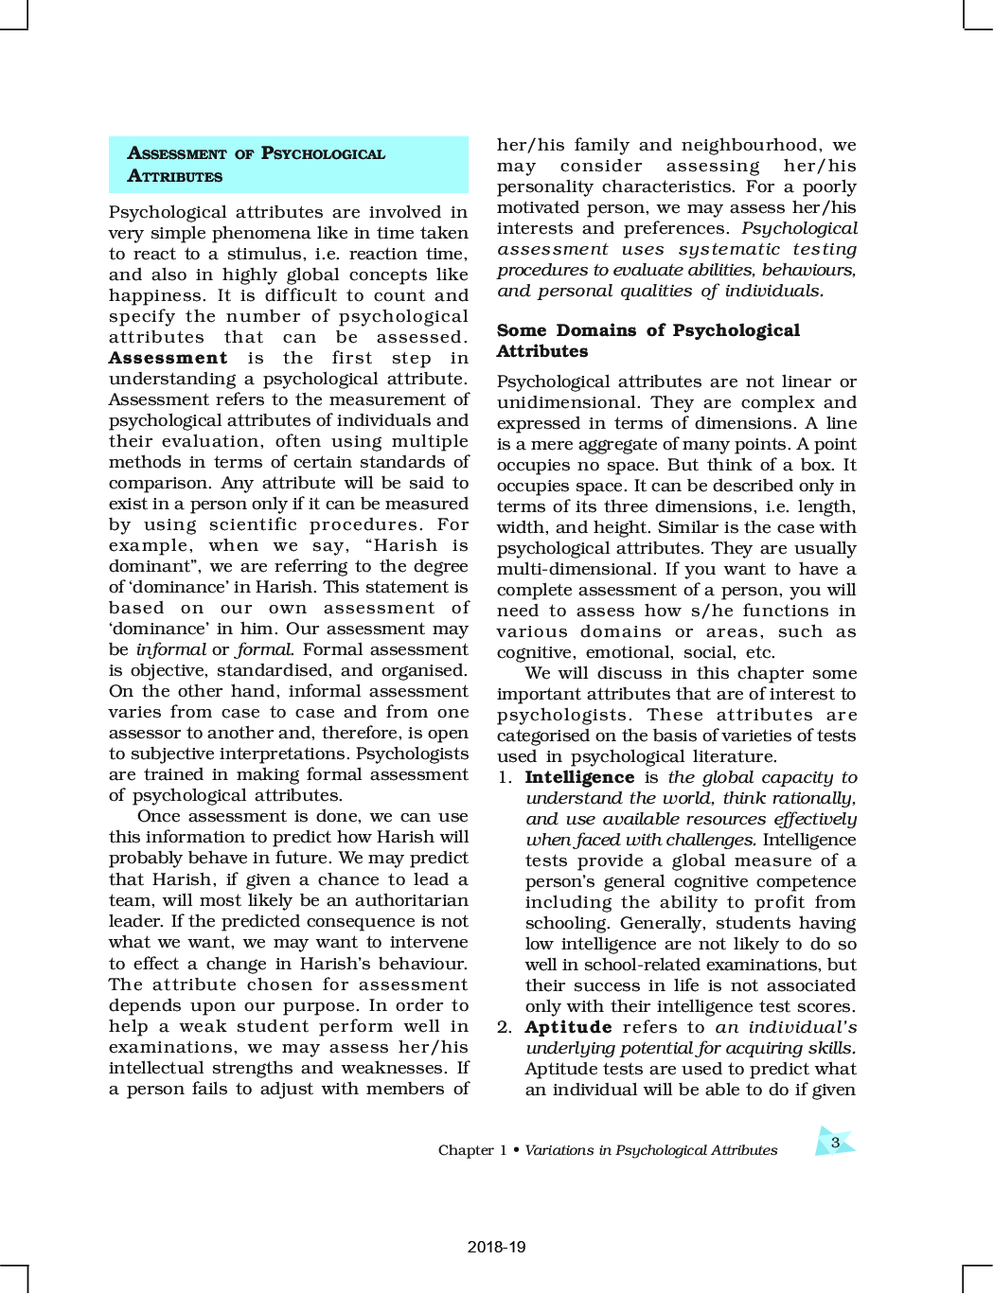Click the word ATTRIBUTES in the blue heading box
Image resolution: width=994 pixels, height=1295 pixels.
point(175,176)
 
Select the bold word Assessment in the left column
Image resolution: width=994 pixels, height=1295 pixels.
point(168,358)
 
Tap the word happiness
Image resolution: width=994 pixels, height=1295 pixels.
point(155,295)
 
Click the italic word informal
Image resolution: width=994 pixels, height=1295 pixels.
point(170,649)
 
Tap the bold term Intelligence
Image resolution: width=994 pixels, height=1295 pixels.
point(579,777)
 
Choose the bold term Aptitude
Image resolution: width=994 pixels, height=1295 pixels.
point(568,1027)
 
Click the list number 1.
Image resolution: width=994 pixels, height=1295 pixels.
point(505,777)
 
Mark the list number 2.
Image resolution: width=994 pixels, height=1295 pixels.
point(505,1027)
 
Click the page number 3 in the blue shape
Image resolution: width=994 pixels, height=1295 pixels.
point(835,1143)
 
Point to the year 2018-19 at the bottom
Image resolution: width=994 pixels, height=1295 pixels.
point(496,1247)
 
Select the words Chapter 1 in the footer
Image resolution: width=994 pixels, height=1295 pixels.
point(471,1150)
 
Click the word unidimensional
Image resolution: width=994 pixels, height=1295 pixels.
point(568,402)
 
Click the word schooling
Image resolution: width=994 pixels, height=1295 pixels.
point(566,923)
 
